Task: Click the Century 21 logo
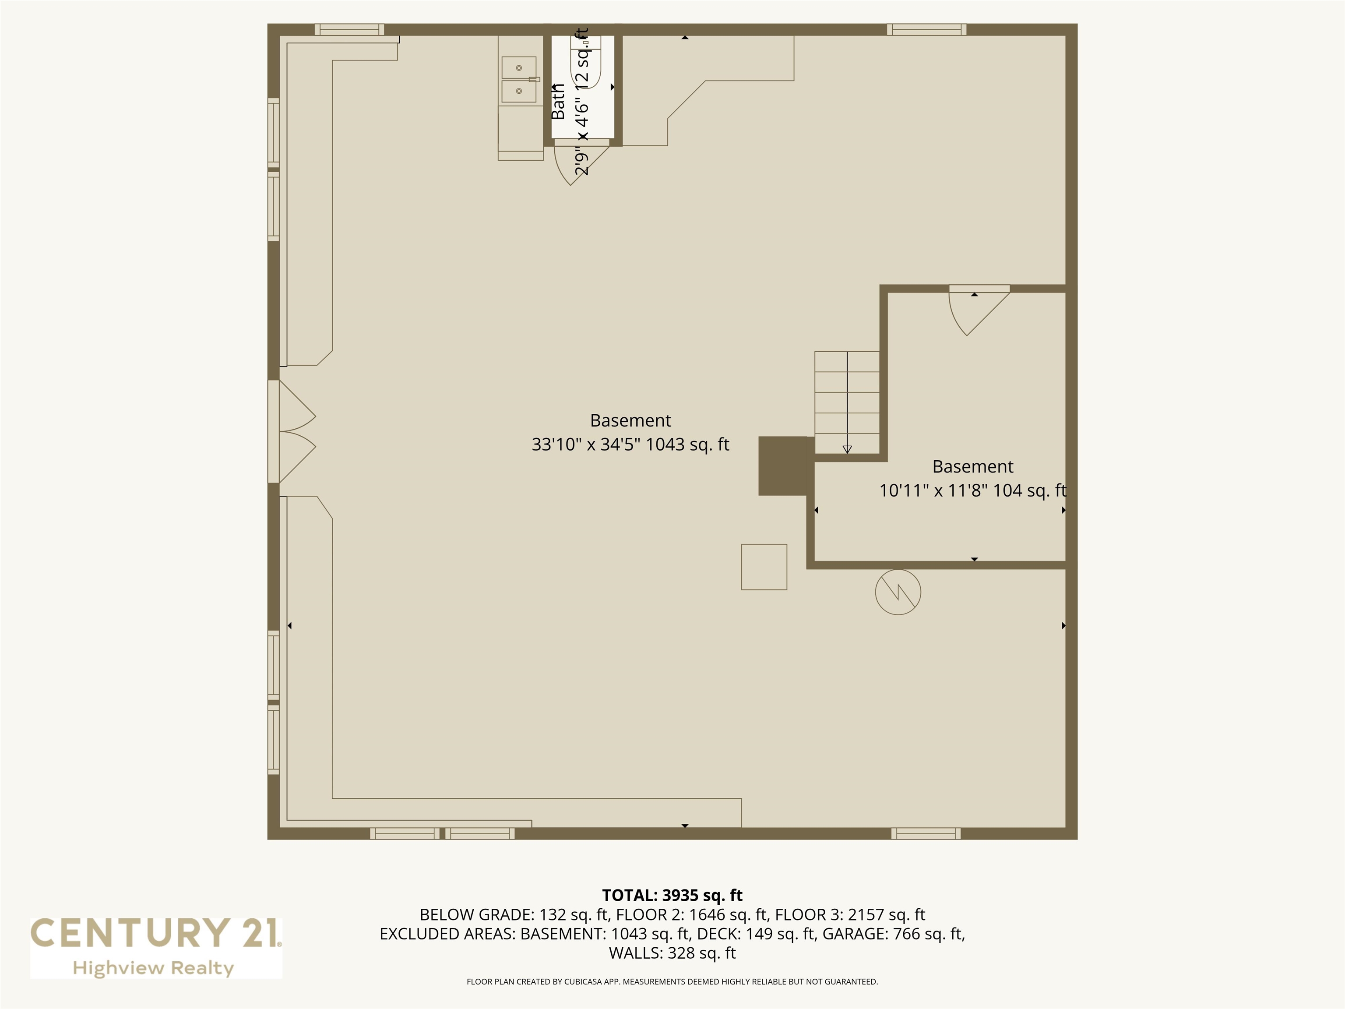(x=156, y=948)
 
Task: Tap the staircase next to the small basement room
(x=847, y=402)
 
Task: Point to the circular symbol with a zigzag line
(x=898, y=592)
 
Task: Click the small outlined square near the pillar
(x=764, y=567)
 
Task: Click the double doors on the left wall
(x=297, y=432)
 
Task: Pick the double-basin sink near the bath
(x=519, y=80)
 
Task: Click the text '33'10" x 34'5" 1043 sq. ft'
(x=630, y=445)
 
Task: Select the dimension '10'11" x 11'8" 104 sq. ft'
(x=972, y=490)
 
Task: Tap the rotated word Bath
(x=558, y=101)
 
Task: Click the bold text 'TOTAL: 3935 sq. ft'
(x=672, y=895)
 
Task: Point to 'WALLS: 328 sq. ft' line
(x=672, y=953)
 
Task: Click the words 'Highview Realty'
(x=153, y=968)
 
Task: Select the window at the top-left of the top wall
(x=349, y=30)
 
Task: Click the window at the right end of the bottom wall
(x=926, y=834)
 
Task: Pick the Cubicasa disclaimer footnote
(x=672, y=982)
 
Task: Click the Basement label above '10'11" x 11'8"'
(x=973, y=466)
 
